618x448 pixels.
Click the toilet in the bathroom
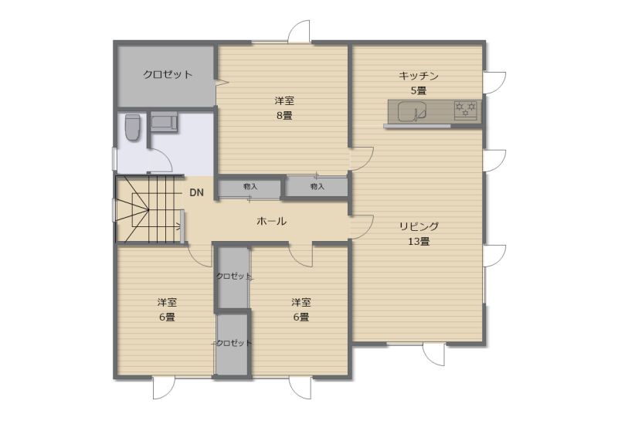click(132, 127)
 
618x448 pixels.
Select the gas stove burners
click(466, 109)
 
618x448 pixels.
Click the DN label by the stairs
click(197, 192)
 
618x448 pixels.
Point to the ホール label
click(272, 221)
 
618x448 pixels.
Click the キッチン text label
click(419, 75)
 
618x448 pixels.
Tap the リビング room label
click(419, 226)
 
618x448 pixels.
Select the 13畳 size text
click(419, 241)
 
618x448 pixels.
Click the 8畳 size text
click(284, 115)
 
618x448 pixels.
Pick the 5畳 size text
click(419, 90)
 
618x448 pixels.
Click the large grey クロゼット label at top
click(168, 74)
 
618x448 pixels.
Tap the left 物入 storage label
click(250, 186)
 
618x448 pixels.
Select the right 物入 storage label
click(317, 186)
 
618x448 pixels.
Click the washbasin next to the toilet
click(164, 121)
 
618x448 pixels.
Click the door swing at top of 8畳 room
click(299, 32)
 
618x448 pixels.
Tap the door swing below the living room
click(434, 355)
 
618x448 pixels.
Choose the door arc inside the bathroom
click(161, 160)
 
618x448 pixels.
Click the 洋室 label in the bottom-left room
click(167, 302)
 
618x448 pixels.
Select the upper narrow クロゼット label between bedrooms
click(234, 277)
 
